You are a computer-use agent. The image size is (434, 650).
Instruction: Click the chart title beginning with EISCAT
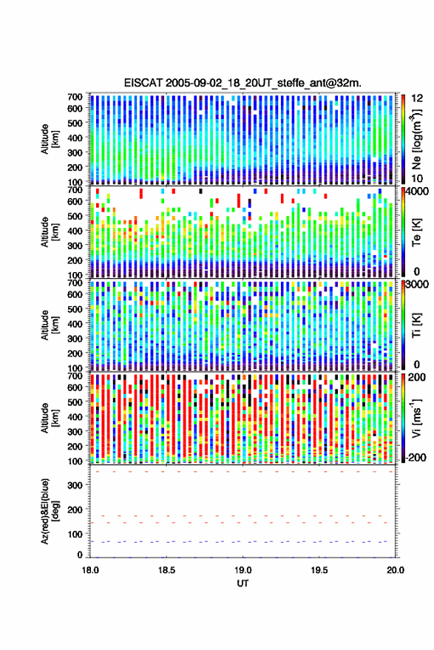243,83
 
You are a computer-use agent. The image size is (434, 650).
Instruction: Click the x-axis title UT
243,583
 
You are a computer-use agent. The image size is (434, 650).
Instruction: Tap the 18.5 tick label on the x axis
166,570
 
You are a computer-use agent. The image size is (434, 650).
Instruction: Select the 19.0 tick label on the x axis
243,570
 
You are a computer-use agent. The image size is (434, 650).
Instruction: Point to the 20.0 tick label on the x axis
396,570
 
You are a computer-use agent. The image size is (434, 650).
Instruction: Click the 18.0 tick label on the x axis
90,570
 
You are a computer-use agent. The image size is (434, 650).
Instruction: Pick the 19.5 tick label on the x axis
319,570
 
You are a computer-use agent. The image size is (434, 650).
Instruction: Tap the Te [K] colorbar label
416,232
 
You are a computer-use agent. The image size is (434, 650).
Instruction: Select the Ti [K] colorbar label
416,325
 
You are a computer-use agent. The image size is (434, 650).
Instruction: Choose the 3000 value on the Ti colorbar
418,285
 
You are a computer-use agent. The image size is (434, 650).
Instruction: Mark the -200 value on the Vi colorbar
416,458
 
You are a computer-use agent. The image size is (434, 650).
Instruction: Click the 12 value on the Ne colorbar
417,98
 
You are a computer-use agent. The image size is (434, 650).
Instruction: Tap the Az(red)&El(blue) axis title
50,511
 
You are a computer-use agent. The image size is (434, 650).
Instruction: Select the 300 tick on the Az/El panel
75,485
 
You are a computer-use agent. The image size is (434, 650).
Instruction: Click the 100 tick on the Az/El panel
75,534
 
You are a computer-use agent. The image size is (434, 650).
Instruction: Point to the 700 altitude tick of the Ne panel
75,97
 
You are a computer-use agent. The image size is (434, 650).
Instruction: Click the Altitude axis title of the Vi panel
50,418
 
